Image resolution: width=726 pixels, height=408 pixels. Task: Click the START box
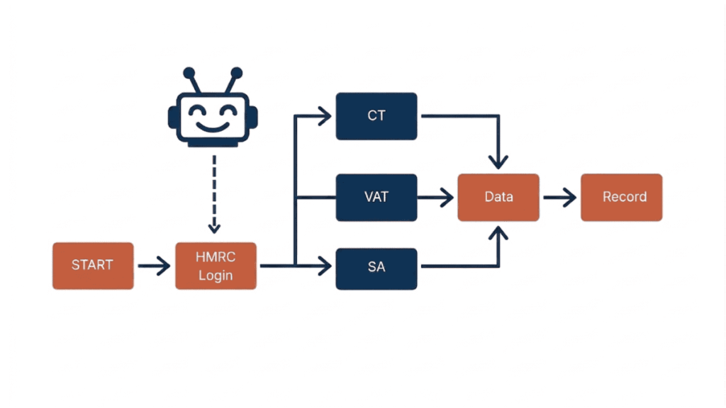click(93, 266)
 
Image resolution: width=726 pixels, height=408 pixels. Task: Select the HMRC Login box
click(216, 266)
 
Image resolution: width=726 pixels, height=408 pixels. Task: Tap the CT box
click(376, 115)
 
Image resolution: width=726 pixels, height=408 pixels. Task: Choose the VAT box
click(376, 197)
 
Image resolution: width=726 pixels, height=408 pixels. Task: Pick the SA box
click(376, 268)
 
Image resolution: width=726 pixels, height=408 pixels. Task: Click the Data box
click(498, 197)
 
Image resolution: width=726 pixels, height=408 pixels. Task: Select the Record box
click(622, 197)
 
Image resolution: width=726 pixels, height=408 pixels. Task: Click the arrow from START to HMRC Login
click(154, 266)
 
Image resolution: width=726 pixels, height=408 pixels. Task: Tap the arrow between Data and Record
click(559, 198)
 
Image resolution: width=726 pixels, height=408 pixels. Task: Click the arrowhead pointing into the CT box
click(325, 115)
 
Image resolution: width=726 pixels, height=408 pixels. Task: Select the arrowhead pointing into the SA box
click(325, 267)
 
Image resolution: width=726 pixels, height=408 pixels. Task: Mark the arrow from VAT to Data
click(436, 198)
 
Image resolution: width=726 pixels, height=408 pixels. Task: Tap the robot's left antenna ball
click(189, 72)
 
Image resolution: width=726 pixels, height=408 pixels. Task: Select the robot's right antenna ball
click(237, 72)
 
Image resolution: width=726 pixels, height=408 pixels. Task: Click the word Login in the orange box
click(216, 275)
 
